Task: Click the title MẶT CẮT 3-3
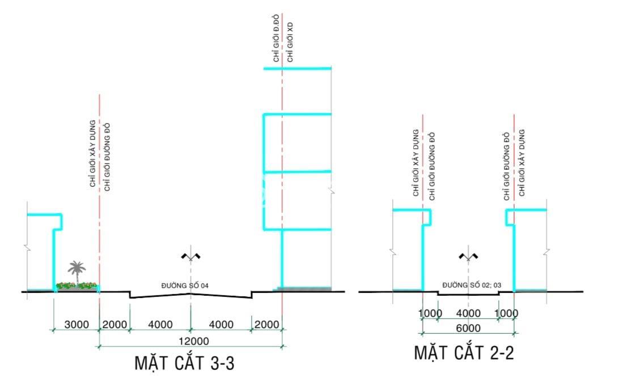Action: pyautogui.click(x=185, y=363)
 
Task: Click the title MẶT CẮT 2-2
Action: pyautogui.click(x=464, y=352)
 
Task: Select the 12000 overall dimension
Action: pyautogui.click(x=194, y=341)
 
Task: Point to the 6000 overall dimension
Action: pyautogui.click(x=468, y=328)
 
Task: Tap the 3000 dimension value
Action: pyautogui.click(x=77, y=324)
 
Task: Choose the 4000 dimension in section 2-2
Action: pyautogui.click(x=468, y=313)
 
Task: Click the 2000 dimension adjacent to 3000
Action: pyautogui.click(x=115, y=324)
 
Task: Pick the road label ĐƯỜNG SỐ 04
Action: pyautogui.click(x=185, y=286)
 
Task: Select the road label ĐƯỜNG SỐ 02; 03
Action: pyautogui.click(x=472, y=285)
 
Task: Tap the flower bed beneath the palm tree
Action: pyautogui.click(x=77, y=286)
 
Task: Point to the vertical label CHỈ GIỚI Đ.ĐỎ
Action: pyautogui.click(x=276, y=38)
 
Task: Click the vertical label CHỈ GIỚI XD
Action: pyautogui.click(x=290, y=42)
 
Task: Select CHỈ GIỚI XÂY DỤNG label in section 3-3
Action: pyautogui.click(x=93, y=153)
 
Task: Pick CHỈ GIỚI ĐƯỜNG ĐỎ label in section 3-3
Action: pyautogui.click(x=107, y=157)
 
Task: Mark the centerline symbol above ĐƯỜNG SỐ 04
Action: pyautogui.click(x=190, y=257)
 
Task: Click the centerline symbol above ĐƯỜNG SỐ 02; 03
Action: pyautogui.click(x=468, y=256)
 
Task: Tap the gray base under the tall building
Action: pyautogui.click(x=302, y=288)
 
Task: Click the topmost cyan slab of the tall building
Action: pyautogui.click(x=298, y=68)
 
